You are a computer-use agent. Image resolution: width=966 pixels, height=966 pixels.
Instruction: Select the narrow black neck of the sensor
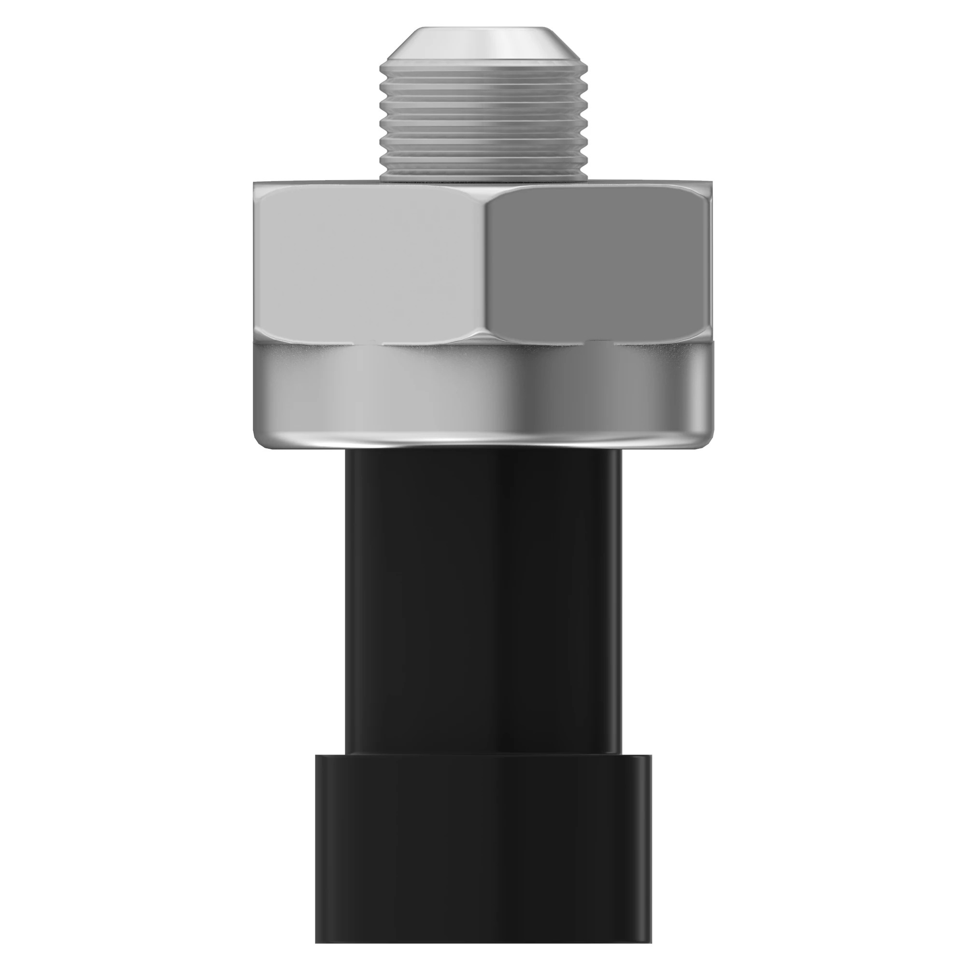coord(483,600)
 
